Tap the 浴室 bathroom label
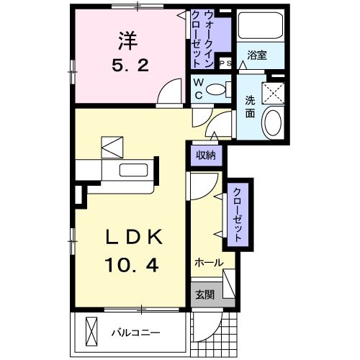coord(257,55)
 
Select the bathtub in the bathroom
coord(258,28)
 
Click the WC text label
coord(197,89)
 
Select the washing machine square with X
coord(274,91)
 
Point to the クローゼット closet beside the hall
coord(235,214)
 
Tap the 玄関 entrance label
coord(202,295)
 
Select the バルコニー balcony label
coord(135,333)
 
